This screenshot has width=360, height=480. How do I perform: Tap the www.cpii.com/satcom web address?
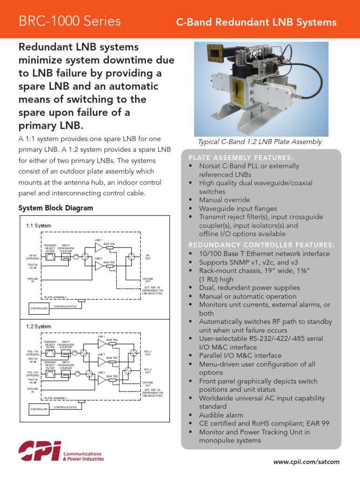306,462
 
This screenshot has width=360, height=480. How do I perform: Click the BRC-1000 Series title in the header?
69,21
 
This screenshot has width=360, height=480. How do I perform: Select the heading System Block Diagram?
55,208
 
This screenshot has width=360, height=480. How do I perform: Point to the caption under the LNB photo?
260,142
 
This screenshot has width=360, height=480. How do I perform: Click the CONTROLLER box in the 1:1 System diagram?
39,308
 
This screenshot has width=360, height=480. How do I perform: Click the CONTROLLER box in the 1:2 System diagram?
39,409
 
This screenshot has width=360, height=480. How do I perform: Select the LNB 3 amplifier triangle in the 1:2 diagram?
101,362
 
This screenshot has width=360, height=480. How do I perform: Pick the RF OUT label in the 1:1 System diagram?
148,257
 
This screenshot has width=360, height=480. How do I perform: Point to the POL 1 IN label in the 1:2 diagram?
33,352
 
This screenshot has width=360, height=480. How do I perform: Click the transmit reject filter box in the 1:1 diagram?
50,256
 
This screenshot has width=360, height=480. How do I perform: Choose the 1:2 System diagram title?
39,326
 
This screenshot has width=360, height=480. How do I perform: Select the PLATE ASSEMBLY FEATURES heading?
240,157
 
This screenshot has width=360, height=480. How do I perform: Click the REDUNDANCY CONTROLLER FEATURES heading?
262,245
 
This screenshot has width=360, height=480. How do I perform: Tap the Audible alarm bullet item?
221,415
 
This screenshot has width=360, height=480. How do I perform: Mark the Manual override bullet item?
225,200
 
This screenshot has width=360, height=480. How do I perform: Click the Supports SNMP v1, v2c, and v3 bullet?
248,262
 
